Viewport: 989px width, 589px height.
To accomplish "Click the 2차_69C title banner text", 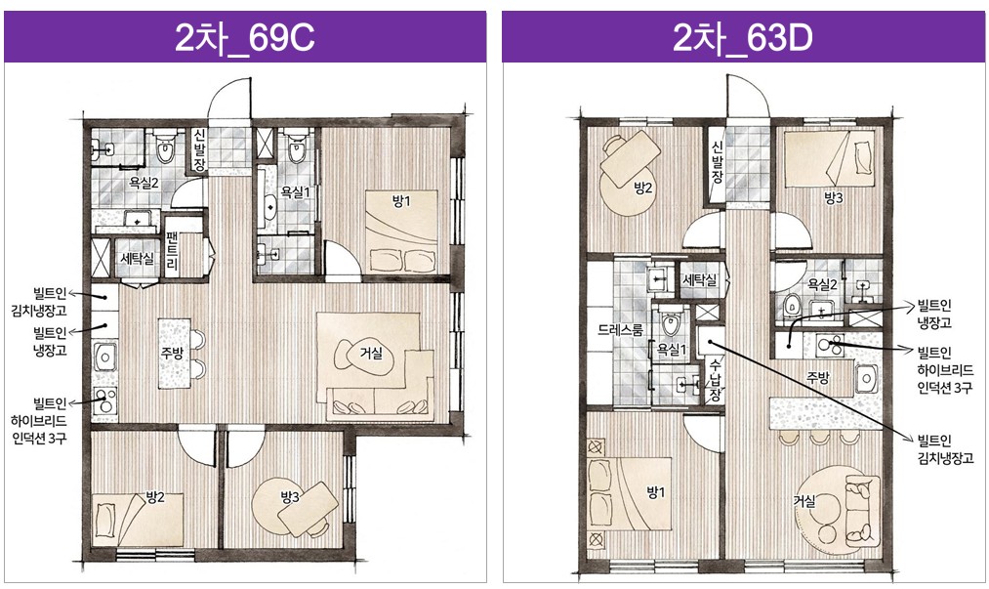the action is coord(244,39).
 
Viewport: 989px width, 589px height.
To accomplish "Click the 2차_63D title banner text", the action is coord(742,39).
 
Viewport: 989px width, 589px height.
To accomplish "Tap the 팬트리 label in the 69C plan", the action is coord(172,252).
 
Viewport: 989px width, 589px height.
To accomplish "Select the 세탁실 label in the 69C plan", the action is coord(137,258).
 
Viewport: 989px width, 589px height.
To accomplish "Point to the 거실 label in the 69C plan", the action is coord(371,353).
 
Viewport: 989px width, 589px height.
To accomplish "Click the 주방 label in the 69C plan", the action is coord(172,353).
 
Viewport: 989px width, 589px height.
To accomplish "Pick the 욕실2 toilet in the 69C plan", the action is coord(165,147).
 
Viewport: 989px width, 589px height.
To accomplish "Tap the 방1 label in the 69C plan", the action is coord(401,201).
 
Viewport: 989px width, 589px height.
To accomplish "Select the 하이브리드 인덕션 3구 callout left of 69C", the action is coord(39,420).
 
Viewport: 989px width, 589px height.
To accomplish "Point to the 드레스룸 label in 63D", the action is coord(621,329).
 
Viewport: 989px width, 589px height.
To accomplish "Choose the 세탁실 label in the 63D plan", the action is coord(700,279).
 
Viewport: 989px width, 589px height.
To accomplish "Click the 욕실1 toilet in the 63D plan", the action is coord(671,322).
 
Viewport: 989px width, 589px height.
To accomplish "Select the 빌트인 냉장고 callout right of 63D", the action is coord(934,314).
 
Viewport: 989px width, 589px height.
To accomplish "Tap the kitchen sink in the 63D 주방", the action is coord(867,378).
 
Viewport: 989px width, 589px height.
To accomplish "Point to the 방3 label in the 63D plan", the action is coord(833,198).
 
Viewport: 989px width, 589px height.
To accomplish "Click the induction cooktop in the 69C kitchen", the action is coord(104,400).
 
